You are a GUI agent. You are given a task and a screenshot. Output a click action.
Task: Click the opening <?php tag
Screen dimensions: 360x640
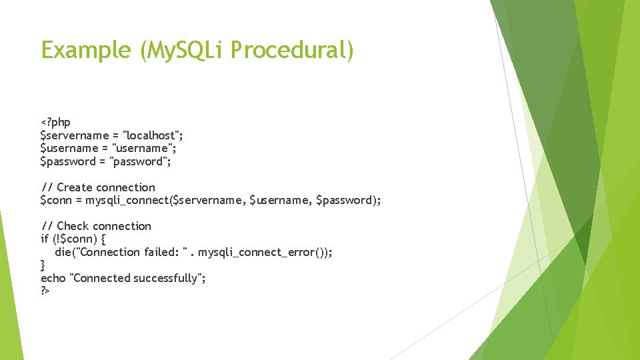point(55,122)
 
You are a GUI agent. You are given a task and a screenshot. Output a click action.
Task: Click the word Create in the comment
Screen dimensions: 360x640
point(75,187)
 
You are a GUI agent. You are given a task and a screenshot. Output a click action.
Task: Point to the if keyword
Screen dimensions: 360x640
point(45,239)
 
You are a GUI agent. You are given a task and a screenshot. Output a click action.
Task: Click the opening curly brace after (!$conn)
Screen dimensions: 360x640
point(102,239)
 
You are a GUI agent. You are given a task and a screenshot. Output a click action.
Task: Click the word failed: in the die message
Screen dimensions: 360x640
point(161,252)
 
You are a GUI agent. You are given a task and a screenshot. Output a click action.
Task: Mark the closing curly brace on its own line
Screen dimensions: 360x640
point(43,265)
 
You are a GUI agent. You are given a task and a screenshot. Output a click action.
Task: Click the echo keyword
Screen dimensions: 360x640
point(53,278)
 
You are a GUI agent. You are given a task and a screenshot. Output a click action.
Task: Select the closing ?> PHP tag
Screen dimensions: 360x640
point(45,291)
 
